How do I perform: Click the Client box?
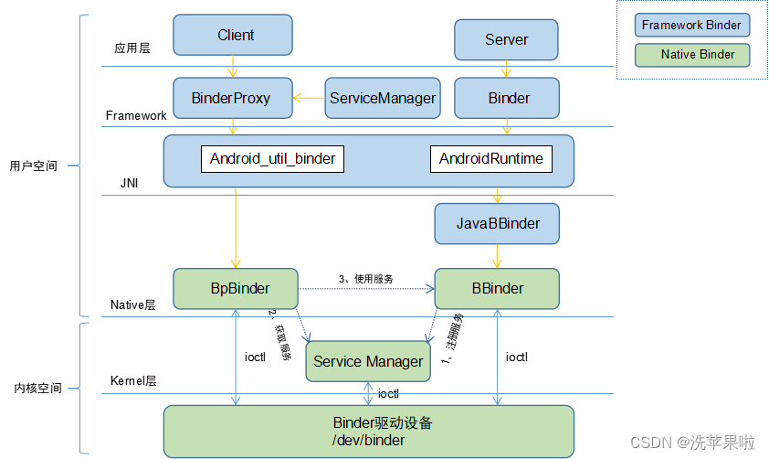coord(236,36)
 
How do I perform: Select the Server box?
coord(506,39)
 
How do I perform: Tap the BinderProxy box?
coord(231,98)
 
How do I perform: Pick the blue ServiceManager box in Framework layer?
coord(382,98)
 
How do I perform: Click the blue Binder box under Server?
coord(509,98)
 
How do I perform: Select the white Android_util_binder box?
coord(272,159)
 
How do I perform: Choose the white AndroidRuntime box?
coord(491,159)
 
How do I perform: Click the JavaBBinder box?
coord(498,223)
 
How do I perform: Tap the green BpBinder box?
coord(236,288)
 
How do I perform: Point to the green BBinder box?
coord(497,288)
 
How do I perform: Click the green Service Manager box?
coord(368,361)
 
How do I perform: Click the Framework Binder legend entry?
coord(692,25)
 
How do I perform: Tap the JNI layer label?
coord(130,183)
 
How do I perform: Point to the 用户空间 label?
coord(33,166)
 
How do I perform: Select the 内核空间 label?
coord(37,388)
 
